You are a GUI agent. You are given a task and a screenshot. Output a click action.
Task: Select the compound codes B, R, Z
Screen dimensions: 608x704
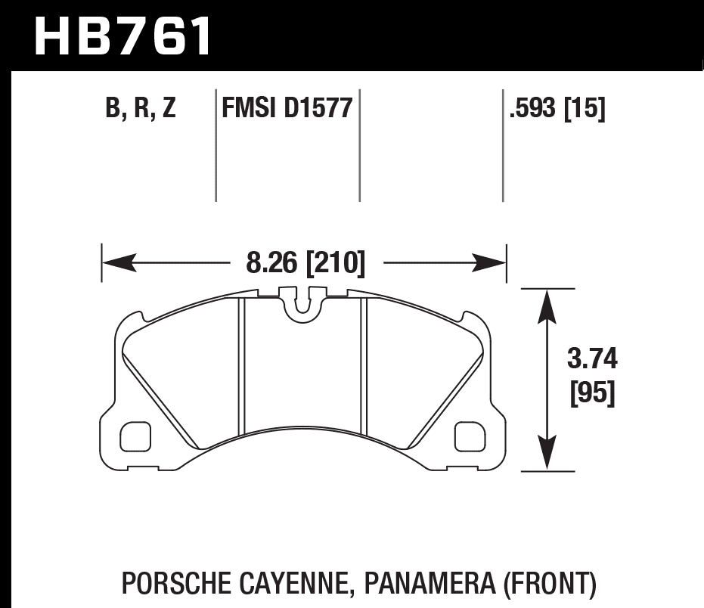pos(141,109)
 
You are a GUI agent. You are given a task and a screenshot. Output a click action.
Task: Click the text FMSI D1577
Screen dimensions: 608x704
pos(287,109)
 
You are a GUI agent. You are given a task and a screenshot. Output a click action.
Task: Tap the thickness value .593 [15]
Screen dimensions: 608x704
pos(557,109)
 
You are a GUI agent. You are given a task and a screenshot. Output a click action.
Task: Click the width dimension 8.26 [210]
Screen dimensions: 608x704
pos(305,263)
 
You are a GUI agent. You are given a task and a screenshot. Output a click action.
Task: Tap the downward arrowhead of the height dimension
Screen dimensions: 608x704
pos(543,456)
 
